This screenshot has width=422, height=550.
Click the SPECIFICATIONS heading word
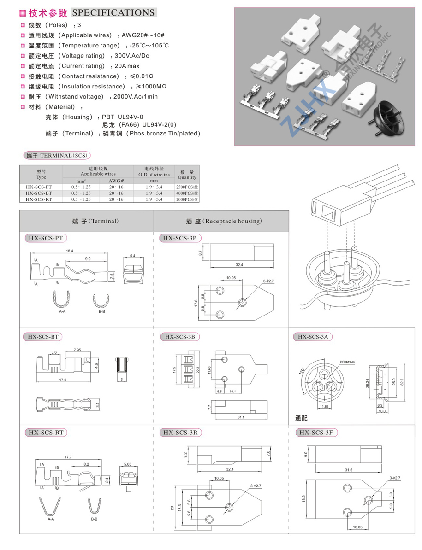click(x=113, y=12)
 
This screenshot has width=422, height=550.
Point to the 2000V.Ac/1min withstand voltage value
click(x=134, y=96)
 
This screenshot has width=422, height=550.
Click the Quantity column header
click(x=187, y=175)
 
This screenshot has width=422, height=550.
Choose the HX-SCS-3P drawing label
click(x=180, y=238)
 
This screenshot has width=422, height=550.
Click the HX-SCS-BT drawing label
click(x=43, y=337)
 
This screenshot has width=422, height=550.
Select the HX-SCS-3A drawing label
click(x=313, y=337)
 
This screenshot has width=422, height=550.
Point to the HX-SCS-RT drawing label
click(x=46, y=433)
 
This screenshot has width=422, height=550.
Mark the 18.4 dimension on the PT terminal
click(x=70, y=251)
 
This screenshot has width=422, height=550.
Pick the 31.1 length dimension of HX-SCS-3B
click(x=240, y=417)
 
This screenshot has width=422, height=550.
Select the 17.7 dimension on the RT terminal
click(x=68, y=457)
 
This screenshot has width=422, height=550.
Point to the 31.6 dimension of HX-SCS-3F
click(x=348, y=470)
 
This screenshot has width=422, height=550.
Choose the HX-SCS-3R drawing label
click(x=181, y=433)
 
